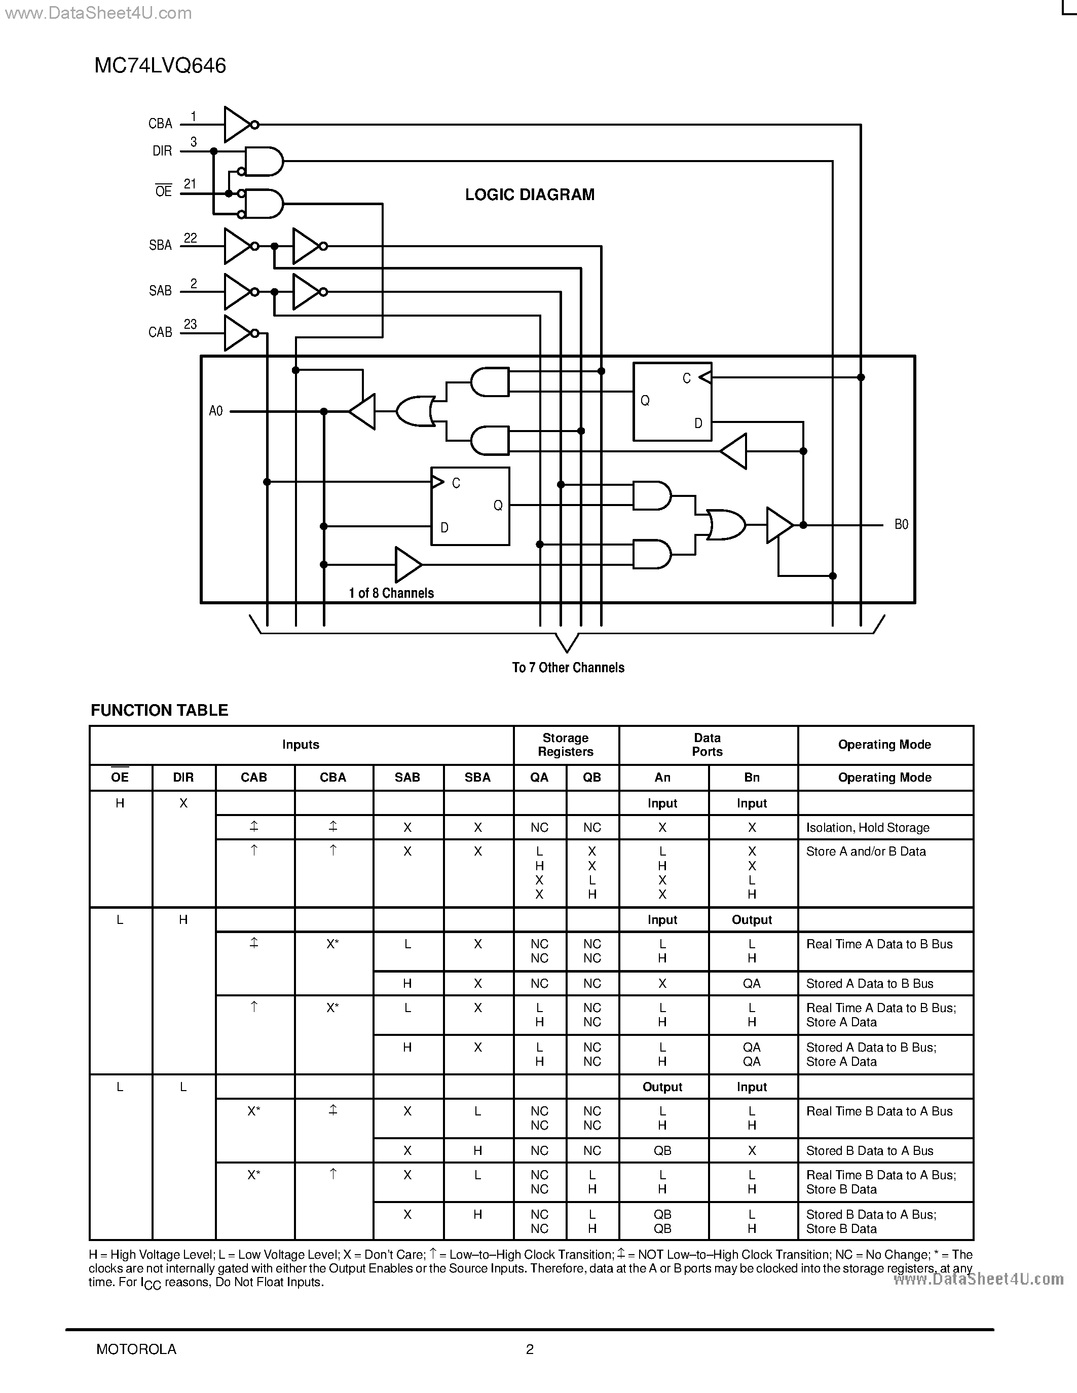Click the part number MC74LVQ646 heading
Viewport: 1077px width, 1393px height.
coord(160,66)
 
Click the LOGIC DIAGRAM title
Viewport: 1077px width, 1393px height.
coord(530,195)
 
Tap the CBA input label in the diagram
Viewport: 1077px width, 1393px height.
coord(160,124)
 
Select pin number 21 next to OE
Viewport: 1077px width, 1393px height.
coord(190,184)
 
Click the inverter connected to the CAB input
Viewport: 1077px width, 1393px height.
coord(239,333)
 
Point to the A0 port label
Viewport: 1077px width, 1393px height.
coord(216,411)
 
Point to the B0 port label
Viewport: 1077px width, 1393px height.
coord(901,524)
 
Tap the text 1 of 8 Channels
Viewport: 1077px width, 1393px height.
coord(391,593)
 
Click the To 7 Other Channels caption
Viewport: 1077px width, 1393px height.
coord(568,668)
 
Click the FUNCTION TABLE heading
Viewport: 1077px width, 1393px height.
coord(160,711)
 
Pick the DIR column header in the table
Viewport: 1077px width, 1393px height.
coord(183,778)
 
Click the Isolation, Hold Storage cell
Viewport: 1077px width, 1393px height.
coord(867,828)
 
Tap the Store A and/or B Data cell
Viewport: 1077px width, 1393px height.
coord(865,852)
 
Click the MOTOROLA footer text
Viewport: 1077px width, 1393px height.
coord(136,1349)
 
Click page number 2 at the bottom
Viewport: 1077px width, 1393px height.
coord(530,1349)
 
